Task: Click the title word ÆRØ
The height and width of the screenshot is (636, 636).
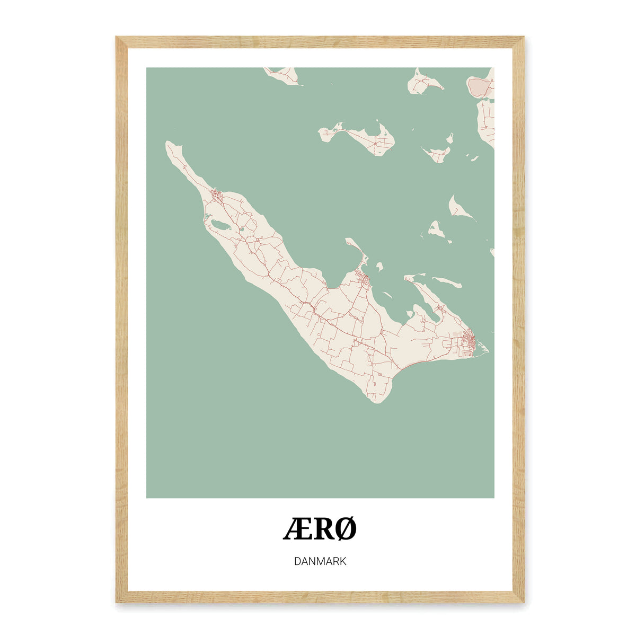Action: point(320,529)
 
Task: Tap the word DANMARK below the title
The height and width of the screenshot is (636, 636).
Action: point(320,561)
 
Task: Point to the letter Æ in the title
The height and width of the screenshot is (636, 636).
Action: point(294,529)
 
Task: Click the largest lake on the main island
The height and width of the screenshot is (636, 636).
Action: point(219,227)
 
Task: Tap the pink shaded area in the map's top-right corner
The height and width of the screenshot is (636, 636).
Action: point(480,86)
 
